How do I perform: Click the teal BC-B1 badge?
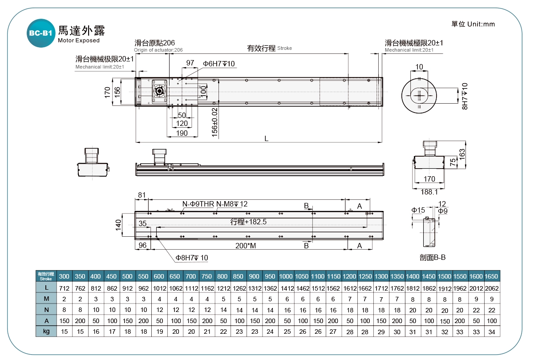(41, 33)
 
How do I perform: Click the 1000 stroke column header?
(286, 276)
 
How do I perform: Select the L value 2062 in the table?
(491, 288)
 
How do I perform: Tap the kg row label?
(46, 331)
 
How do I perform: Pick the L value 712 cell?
(64, 288)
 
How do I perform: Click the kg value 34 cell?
(491, 331)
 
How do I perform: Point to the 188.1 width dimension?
(429, 192)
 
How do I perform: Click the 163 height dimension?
(463, 154)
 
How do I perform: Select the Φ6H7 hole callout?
(218, 64)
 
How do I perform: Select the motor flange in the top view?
(159, 91)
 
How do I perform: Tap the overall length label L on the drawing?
(266, 138)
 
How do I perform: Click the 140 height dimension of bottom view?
(118, 225)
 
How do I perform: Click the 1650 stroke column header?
(491, 276)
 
